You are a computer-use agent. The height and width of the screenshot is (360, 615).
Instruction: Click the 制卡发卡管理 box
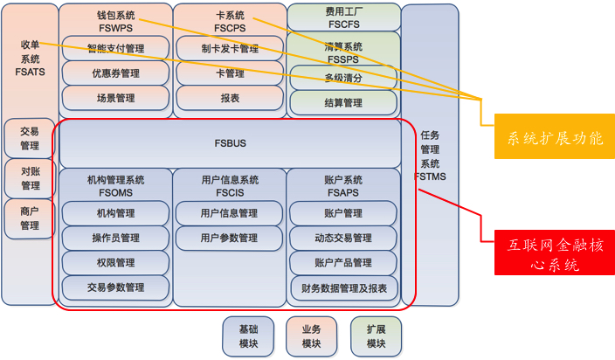tap(229, 49)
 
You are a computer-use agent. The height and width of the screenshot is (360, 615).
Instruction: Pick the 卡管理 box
tap(229, 73)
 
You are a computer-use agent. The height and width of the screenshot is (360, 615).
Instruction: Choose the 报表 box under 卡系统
tap(229, 98)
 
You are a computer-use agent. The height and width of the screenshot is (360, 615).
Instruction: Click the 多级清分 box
tap(343, 78)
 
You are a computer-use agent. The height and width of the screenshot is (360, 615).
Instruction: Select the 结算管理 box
tap(343, 102)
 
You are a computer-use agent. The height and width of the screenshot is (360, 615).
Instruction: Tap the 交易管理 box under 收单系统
tap(29, 138)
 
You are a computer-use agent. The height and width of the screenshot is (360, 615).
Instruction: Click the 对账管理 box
tap(29, 178)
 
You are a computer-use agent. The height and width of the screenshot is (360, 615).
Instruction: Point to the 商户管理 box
tap(29, 218)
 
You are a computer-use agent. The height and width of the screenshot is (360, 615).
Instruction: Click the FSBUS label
tap(231, 142)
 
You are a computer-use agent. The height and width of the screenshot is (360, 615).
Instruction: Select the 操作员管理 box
tap(115, 238)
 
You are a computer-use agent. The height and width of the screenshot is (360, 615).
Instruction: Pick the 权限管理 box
tap(115, 262)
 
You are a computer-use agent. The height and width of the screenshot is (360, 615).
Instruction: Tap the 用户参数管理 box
tap(229, 238)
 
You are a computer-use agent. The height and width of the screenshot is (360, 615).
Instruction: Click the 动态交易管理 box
tap(343, 238)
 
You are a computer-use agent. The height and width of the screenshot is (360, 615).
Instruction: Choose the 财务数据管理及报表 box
tap(343, 287)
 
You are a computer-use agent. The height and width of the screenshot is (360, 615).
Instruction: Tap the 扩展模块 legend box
tap(376, 336)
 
